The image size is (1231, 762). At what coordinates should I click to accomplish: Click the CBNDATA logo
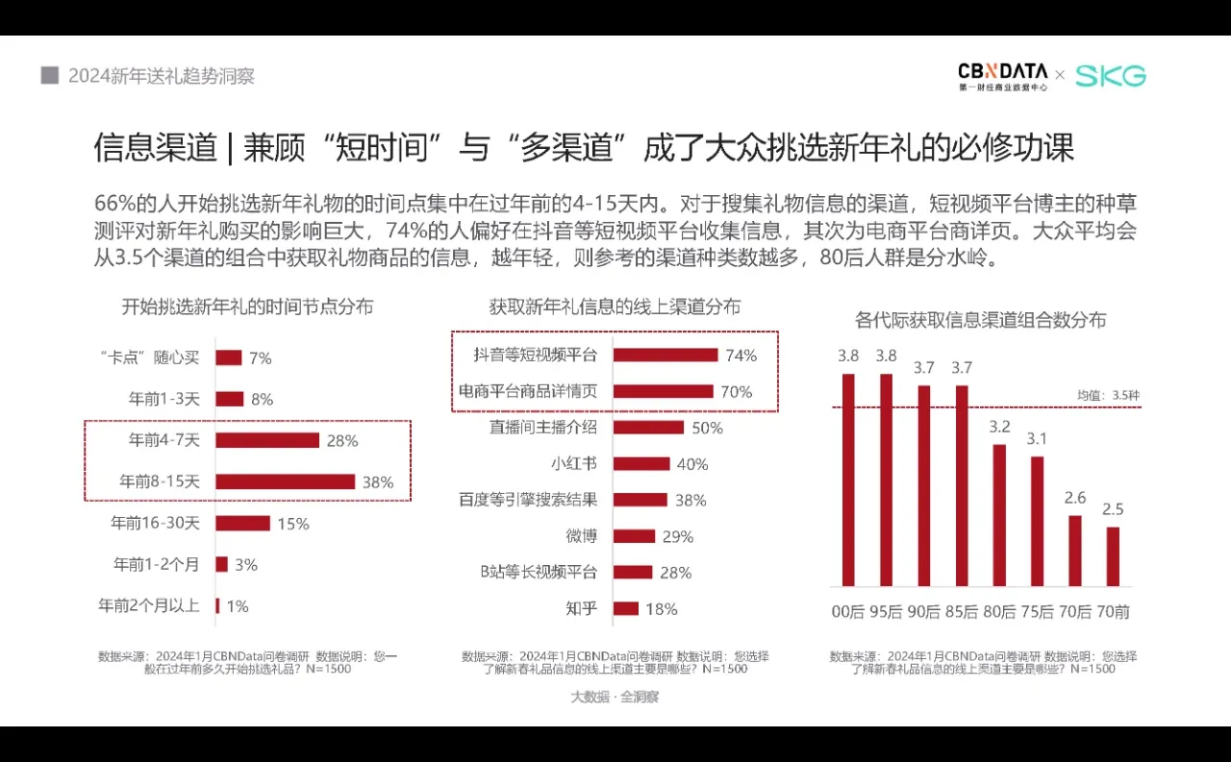click(x=1002, y=76)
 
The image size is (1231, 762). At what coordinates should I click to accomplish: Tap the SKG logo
click(x=1110, y=76)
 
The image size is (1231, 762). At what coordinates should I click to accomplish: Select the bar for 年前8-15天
click(x=285, y=481)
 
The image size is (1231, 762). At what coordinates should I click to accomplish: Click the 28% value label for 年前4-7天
click(x=342, y=441)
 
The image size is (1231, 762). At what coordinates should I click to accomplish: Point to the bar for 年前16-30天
click(x=242, y=524)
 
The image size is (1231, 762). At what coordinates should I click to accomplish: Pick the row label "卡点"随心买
click(x=149, y=357)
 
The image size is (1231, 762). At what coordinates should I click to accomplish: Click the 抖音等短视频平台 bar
click(x=665, y=355)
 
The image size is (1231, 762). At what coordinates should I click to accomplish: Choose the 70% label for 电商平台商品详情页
click(x=737, y=392)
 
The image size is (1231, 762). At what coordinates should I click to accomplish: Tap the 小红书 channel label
click(x=573, y=464)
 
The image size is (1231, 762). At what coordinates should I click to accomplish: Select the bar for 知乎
click(x=625, y=608)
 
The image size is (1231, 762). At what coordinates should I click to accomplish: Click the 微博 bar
click(x=634, y=536)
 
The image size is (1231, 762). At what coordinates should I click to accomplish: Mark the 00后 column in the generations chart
click(x=848, y=479)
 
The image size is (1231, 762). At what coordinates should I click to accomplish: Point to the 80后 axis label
click(x=999, y=611)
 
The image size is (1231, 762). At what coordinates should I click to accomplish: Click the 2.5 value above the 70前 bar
click(x=1113, y=508)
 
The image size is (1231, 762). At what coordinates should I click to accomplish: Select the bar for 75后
click(x=1037, y=521)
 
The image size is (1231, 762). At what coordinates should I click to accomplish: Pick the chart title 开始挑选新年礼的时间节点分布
click(x=247, y=307)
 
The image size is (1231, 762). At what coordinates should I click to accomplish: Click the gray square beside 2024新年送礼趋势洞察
click(x=50, y=75)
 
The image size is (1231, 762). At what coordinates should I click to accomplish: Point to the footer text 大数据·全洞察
click(x=615, y=698)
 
